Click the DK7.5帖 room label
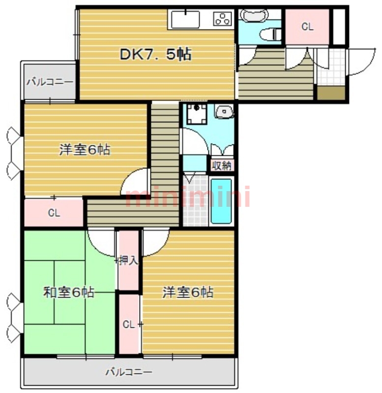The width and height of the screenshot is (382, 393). click(155, 55)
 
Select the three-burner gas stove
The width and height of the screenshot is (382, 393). click(223, 19)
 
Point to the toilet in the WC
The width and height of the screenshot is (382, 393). click(269, 34)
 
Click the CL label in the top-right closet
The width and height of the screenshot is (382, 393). click(307, 27)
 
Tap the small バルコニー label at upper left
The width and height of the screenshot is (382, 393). click(50, 82)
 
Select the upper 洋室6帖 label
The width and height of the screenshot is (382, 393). click(85, 150)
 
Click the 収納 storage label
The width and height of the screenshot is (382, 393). click(221, 166)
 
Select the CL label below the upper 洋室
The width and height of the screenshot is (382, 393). click(54, 213)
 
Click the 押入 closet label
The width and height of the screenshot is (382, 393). click(129, 260)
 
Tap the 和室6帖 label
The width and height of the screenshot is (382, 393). click(69, 293)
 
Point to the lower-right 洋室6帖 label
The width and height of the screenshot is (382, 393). click(188, 293)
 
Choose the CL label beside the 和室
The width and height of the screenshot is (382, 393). click(129, 324)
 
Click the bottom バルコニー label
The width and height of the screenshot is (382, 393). click(129, 372)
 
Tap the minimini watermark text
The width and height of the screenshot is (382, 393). click(187, 197)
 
